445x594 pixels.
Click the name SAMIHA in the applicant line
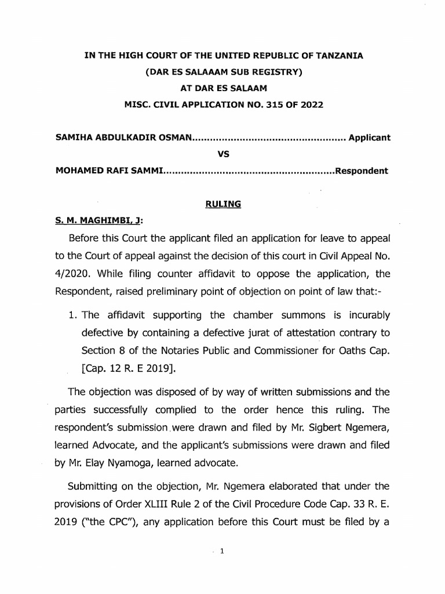74,138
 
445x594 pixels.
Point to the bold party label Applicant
370,138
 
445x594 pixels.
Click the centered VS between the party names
223,154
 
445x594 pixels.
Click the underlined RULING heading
222,204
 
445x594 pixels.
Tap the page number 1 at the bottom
222,552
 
